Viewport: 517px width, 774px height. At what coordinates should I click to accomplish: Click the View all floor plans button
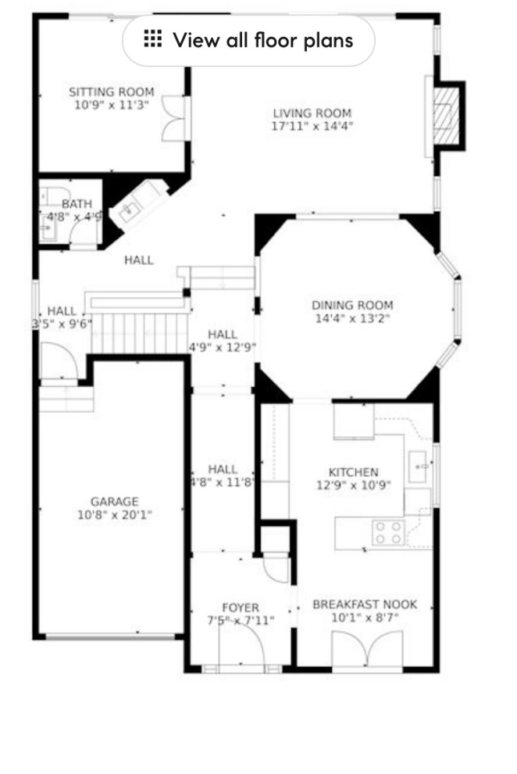248,40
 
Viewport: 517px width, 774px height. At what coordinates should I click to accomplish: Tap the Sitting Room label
112,91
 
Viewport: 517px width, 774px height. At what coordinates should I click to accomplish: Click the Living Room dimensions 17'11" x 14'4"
312,125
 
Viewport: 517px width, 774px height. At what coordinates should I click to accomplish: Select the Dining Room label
352,305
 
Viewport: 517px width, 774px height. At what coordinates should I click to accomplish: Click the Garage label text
114,501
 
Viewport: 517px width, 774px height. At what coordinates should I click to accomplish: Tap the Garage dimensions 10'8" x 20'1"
114,515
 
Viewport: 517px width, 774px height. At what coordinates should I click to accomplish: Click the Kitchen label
353,472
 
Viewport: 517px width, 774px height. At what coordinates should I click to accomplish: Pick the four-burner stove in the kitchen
388,532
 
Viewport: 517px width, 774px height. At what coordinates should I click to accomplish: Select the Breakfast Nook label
365,604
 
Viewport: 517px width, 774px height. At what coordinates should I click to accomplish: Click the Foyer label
240,607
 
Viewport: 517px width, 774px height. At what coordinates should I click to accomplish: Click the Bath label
77,204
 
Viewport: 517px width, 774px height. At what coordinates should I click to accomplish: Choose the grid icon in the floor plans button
153,39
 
